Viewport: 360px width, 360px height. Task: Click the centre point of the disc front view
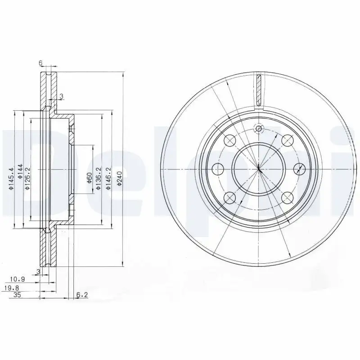[x=259, y=169]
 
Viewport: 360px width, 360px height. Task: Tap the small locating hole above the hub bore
[x=258, y=130]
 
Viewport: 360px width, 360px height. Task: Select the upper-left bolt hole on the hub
[x=229, y=141]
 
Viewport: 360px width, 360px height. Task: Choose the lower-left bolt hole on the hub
[x=229, y=197]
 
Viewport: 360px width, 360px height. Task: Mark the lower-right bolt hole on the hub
[x=288, y=197]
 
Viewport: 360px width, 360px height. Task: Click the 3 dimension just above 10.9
[x=39, y=272]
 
